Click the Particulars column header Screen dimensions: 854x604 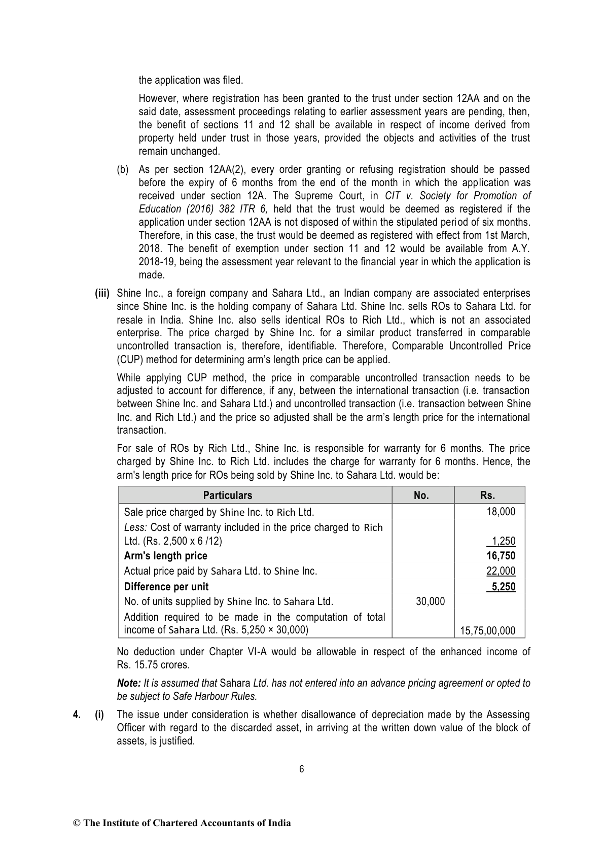[x=227, y=495]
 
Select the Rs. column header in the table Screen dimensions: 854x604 [x=487, y=495]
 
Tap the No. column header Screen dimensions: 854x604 [x=421, y=495]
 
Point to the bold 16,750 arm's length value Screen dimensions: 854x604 [x=501, y=556]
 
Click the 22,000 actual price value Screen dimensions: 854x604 [x=501, y=571]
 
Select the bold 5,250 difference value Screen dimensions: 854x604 [x=502, y=587]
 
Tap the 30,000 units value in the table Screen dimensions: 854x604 [x=430, y=601]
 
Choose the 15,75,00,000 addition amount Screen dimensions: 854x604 [x=487, y=631]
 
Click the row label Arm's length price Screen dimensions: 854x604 [x=165, y=556]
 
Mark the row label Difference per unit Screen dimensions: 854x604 [x=166, y=587]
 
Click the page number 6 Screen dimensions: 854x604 [x=302, y=769]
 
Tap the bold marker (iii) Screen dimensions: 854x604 [x=102, y=293]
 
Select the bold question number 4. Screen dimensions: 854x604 [x=77, y=715]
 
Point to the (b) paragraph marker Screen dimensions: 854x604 [x=123, y=169]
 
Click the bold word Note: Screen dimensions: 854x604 [x=129, y=683]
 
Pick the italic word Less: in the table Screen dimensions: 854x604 [x=135, y=527]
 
